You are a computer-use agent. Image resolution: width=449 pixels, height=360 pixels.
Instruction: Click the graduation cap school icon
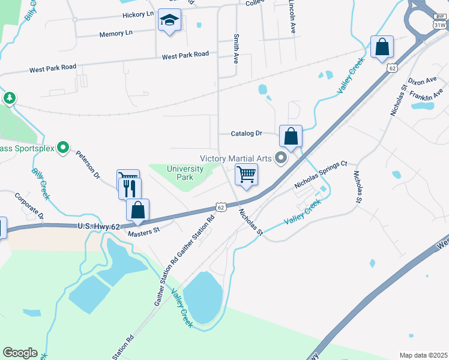tap(170, 21)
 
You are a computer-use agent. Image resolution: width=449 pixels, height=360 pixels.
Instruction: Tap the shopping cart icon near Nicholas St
tap(246, 175)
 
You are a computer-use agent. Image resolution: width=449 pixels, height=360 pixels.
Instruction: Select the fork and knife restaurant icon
tap(130, 189)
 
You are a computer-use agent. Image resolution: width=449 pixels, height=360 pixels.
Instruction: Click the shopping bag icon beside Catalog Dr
tap(291, 137)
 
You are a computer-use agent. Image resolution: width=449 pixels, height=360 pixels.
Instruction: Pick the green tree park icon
tap(9, 98)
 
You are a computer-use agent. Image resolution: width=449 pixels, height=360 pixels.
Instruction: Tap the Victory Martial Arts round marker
tap(280, 158)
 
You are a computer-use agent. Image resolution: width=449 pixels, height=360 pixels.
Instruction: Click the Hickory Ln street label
tap(137, 14)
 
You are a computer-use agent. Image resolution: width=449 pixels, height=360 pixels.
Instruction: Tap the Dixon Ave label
tap(422, 80)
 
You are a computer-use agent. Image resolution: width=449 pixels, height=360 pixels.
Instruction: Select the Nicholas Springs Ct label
tap(320, 175)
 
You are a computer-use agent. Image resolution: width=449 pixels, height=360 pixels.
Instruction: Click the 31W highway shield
tap(439, 25)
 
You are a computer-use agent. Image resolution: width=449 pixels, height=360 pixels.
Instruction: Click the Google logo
tap(20, 353)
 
